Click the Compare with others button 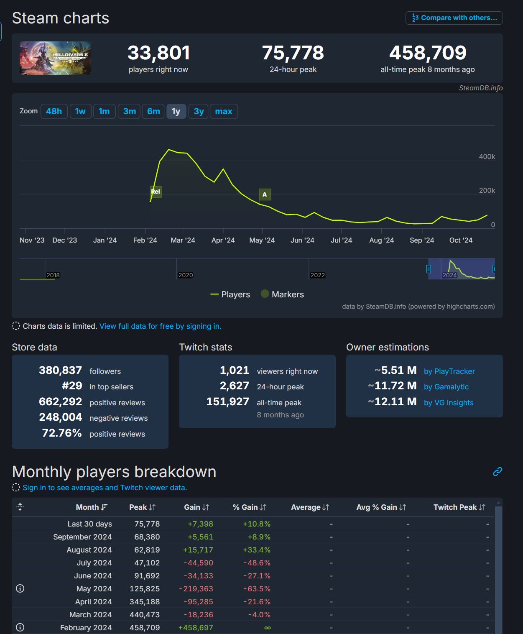coord(454,18)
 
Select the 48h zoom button coord(54,111)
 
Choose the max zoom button coord(223,111)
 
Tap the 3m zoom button coord(129,111)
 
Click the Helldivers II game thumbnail coord(55,58)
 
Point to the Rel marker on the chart coord(156,192)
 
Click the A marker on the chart coord(265,194)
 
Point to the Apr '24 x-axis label coord(223,240)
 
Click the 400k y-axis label coord(487,156)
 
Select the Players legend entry coord(230,294)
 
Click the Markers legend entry coord(282,294)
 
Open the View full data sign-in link coord(160,326)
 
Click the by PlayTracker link coord(449,371)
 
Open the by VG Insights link coord(449,403)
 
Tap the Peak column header coord(142,507)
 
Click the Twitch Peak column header coord(459,507)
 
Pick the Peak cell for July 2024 coord(147,563)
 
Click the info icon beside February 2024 coord(20,627)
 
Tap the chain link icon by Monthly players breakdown coord(497,472)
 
